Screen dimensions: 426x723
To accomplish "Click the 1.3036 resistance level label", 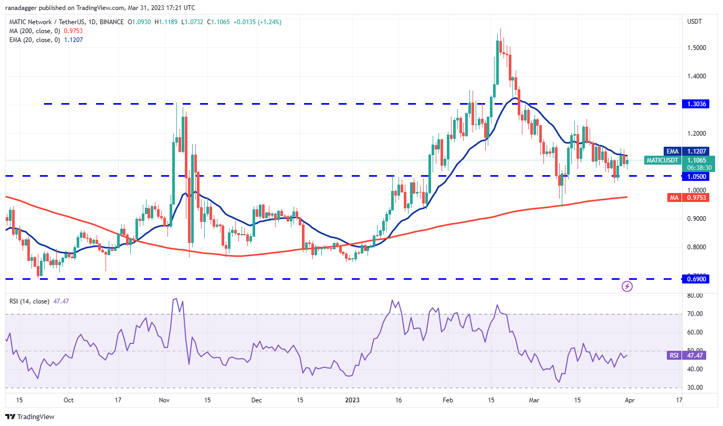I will tap(697, 104).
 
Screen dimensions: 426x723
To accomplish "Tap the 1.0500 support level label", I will tap(697, 176).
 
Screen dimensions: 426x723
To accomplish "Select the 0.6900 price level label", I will tap(697, 279).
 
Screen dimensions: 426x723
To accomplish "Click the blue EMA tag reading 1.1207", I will tap(697, 151).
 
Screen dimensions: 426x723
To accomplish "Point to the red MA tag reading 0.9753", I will tap(697, 197).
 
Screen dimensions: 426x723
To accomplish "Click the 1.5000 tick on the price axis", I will tap(696, 48).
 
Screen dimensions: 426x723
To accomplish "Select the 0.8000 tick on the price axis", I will tap(696, 247).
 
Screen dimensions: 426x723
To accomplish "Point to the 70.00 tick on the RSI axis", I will tap(695, 314).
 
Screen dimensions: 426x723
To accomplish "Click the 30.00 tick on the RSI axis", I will tap(695, 388).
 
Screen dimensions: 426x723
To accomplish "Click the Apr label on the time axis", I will tap(629, 400).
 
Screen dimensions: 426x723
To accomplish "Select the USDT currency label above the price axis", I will tap(695, 22).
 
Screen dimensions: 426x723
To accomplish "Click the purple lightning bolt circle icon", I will tap(627, 287).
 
